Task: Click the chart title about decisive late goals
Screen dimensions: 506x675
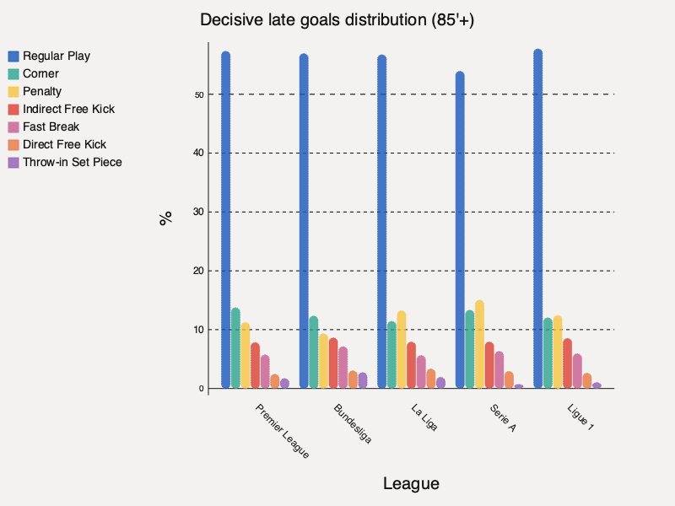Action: [337, 20]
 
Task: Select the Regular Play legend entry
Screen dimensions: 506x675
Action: [56, 56]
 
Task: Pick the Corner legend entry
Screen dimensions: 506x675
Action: [40, 73]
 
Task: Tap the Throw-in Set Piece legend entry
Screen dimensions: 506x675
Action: [72, 162]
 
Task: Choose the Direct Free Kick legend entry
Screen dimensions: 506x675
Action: [64, 144]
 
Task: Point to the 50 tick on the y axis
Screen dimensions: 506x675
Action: [199, 94]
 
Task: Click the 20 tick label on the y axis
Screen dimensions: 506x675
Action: [199, 271]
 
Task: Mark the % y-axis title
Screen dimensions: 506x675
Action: [166, 218]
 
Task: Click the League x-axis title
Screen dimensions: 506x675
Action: [411, 483]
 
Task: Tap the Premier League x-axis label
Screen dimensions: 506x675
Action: [282, 431]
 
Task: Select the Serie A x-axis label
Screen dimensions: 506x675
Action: [503, 417]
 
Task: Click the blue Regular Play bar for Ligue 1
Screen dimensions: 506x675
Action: [537, 219]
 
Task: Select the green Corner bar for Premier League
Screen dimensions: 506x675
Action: [235, 348]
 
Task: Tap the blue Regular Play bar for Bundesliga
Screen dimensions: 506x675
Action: [304, 221]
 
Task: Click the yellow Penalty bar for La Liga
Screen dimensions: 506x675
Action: [401, 350]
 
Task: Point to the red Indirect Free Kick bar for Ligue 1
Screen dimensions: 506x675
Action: [567, 363]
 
